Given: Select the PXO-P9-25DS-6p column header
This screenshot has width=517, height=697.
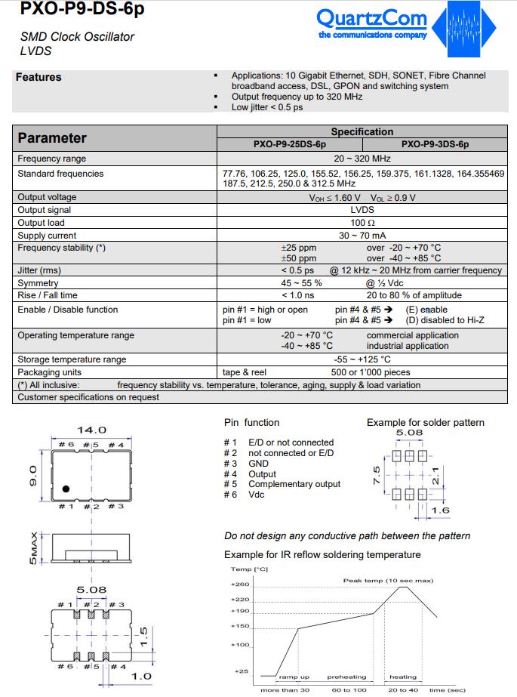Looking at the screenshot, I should click(x=289, y=143).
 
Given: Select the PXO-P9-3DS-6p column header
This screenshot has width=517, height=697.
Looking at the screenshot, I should click(x=435, y=143).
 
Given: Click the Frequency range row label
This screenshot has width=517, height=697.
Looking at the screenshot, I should click(x=52, y=159).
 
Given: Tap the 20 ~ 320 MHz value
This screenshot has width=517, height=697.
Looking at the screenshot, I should click(x=362, y=159).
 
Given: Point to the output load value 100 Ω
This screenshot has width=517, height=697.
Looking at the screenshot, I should click(x=362, y=223).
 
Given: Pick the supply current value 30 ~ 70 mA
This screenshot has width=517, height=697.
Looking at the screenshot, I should click(x=362, y=236).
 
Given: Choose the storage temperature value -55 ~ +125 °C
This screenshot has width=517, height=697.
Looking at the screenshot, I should click(x=362, y=359).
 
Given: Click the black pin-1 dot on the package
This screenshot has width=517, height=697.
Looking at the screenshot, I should click(x=66, y=489).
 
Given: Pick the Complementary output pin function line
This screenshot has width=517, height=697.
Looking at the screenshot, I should click(x=283, y=484).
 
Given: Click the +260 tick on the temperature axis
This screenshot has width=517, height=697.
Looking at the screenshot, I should click(x=239, y=584).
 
